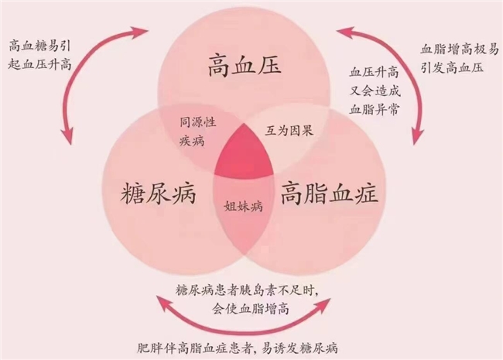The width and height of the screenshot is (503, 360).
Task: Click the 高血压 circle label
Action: coord(244,67)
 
